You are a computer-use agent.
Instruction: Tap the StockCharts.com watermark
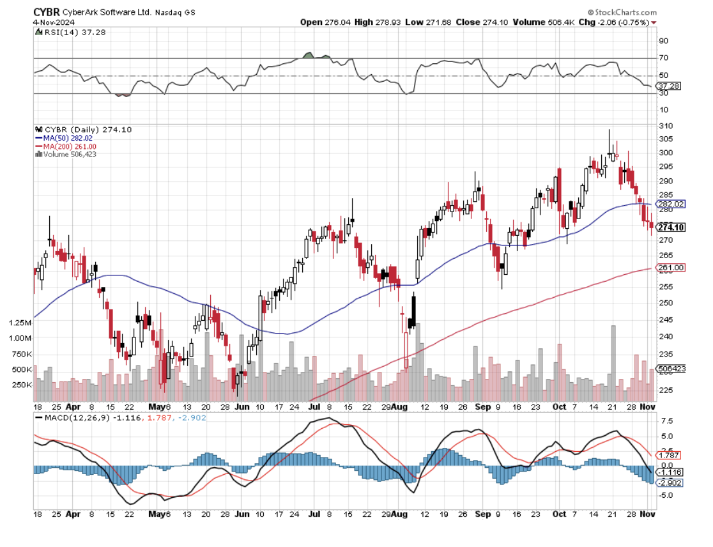point(621,12)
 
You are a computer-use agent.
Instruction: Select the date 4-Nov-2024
point(50,21)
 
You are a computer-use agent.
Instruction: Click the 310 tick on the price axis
point(664,126)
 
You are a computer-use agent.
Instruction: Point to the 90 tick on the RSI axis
point(663,40)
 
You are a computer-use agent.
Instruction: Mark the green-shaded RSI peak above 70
point(309,56)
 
